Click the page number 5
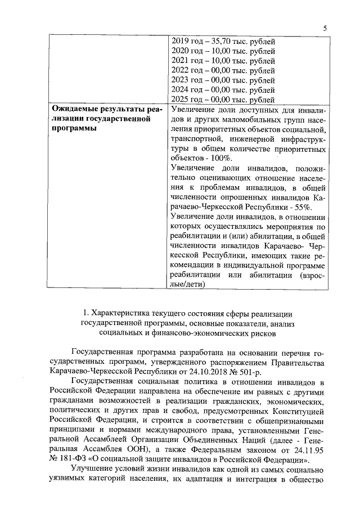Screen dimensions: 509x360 [325, 29]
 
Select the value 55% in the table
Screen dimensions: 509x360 [243, 207]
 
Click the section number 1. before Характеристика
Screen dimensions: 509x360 [86, 313]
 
